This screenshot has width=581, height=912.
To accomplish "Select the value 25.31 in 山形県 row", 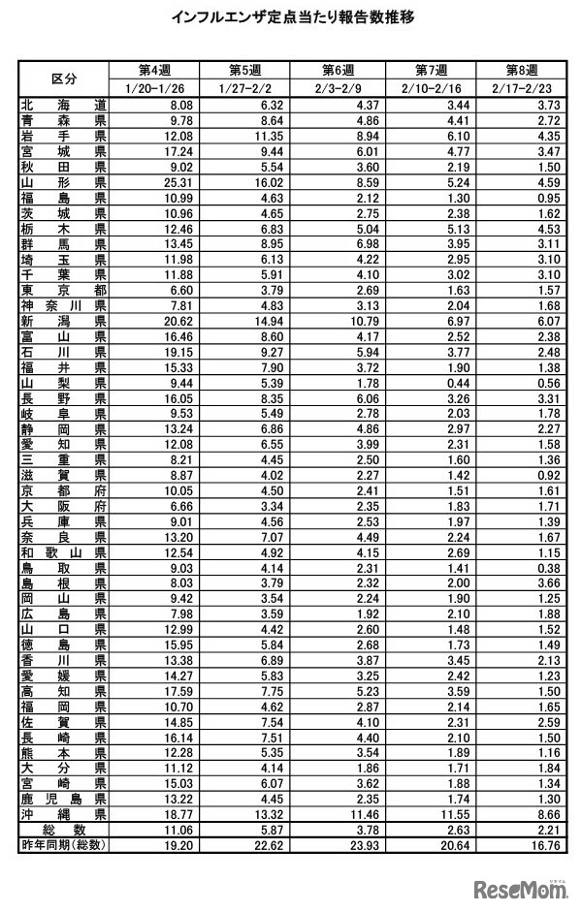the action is coord(180,182).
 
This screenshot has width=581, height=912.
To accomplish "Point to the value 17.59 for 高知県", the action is coord(180,692).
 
